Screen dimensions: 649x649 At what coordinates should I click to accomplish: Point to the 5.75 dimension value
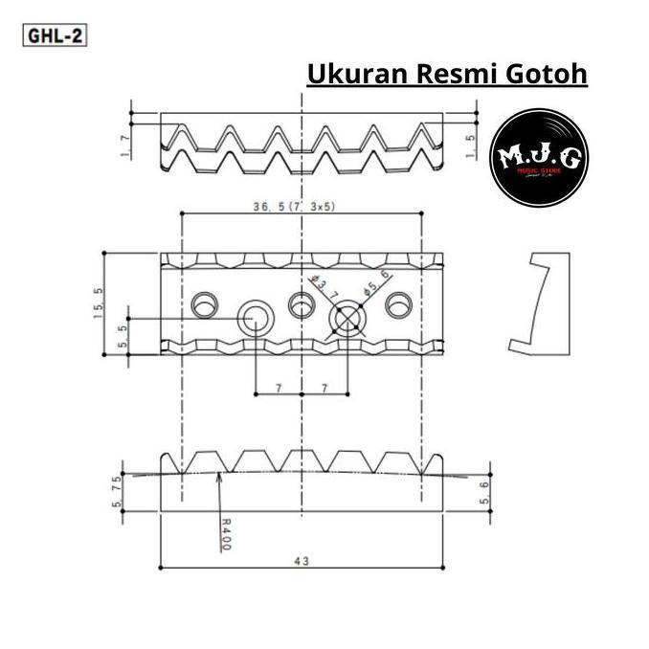pos(118,491)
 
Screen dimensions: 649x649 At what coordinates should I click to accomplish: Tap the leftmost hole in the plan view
pos(204,305)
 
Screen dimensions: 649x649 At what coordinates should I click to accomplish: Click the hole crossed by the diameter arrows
pos(347,319)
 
